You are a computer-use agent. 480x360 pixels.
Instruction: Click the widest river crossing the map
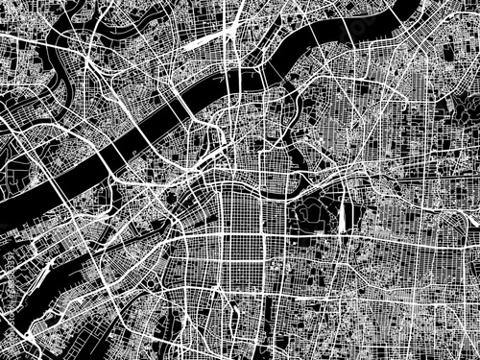[x=144, y=134]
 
